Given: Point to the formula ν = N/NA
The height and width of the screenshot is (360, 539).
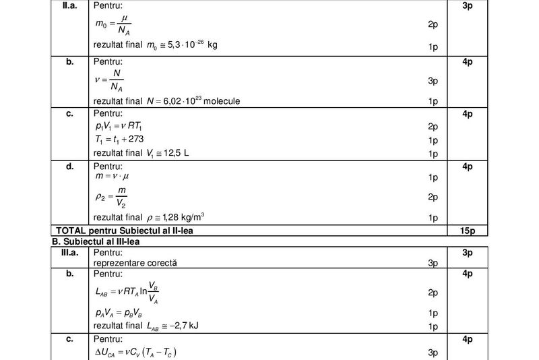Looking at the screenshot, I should click(x=110, y=81).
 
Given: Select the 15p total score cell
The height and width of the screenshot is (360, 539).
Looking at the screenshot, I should click(x=468, y=231).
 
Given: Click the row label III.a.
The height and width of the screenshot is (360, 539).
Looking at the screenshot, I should click(x=69, y=252).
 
